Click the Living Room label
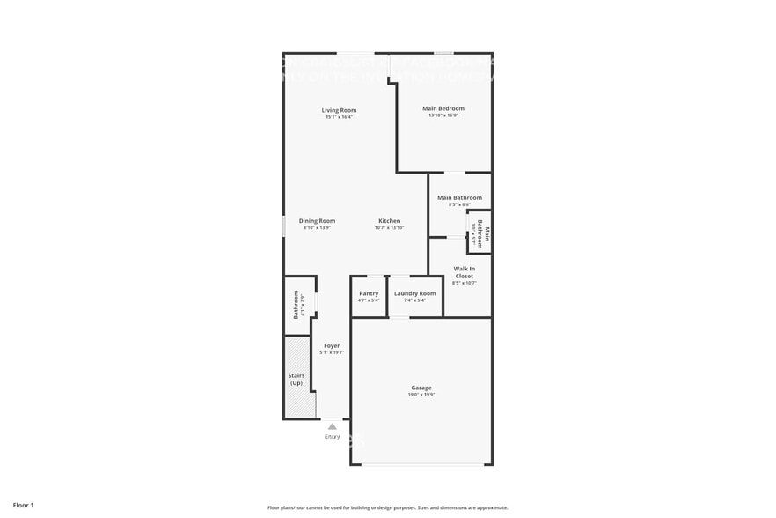point(339,110)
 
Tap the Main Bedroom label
point(443,108)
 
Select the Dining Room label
point(317,221)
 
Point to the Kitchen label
point(389,221)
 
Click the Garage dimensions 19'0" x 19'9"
point(421,395)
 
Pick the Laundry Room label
point(414,293)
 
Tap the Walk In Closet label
point(465,272)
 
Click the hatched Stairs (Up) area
point(296,379)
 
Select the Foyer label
point(332,345)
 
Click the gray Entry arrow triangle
point(333,426)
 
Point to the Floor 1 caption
point(24,505)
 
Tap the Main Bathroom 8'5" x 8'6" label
point(459,198)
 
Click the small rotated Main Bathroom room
point(479,233)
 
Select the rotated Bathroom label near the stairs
point(296,305)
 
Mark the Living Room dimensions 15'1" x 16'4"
point(339,117)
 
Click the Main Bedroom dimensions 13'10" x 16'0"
point(443,115)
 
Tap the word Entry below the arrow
point(333,436)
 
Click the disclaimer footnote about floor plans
point(387,507)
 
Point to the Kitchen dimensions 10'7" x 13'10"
point(389,228)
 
